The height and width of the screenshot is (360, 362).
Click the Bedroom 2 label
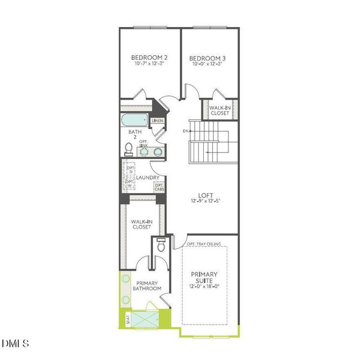tap(149, 58)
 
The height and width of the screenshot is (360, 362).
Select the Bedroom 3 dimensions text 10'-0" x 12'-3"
tap(207, 65)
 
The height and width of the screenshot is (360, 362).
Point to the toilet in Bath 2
tap(128, 148)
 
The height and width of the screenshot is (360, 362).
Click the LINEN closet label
tap(158, 121)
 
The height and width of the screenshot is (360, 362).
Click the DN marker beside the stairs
tap(187, 130)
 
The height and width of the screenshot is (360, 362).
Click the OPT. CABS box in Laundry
tap(159, 188)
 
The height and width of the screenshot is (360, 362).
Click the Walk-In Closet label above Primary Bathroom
tap(142, 225)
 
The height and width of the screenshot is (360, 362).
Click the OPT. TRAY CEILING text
tap(204, 244)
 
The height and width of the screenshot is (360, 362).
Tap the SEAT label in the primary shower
tap(128, 319)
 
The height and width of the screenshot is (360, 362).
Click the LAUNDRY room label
tap(147, 178)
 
